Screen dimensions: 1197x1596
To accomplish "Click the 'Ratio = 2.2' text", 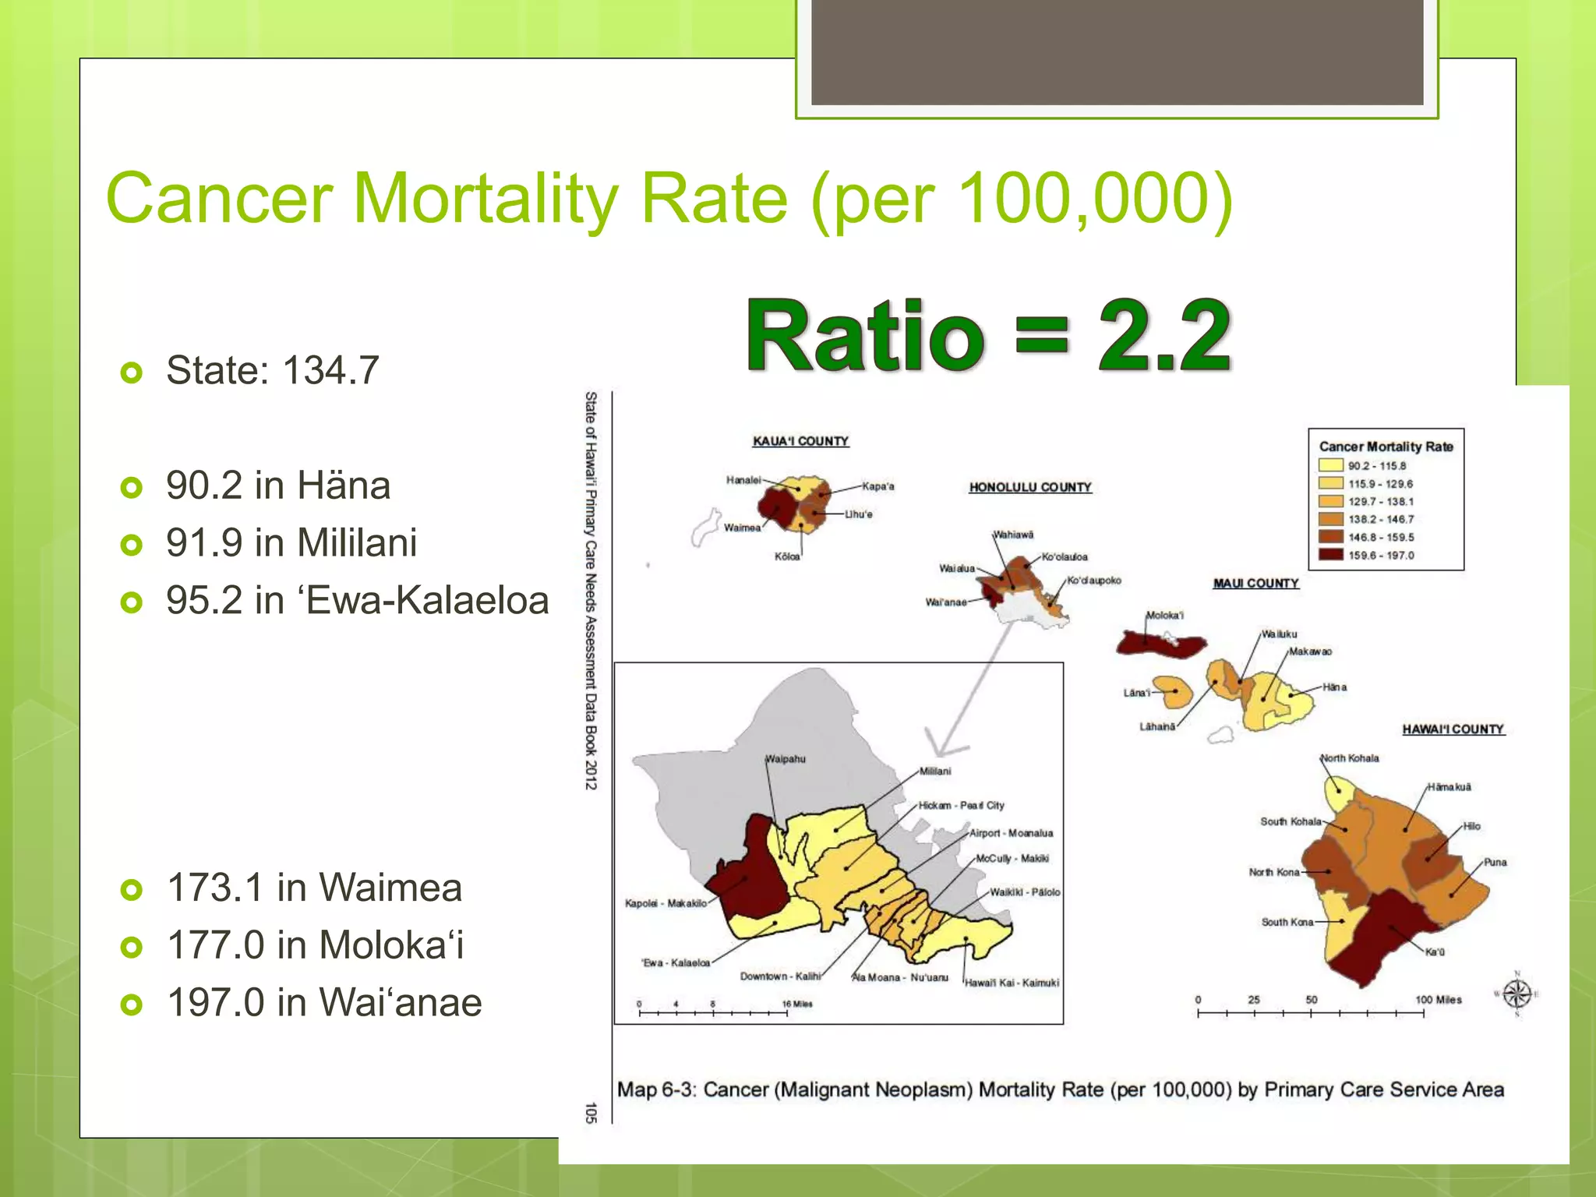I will pos(988,336).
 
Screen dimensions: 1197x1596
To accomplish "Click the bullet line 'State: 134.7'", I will pos(272,370).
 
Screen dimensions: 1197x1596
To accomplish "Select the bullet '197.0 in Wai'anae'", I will pos(324,1002).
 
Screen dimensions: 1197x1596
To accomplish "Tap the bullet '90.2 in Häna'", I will pos(278,486).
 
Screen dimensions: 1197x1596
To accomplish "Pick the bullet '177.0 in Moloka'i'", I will pos(316,945).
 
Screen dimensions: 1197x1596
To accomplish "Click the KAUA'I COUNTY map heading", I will pos(800,441).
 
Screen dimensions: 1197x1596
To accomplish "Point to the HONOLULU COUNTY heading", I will pos(1030,487).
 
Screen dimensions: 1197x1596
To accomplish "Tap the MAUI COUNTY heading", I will pos(1255,583).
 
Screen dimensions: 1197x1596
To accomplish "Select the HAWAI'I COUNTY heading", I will pos(1453,729).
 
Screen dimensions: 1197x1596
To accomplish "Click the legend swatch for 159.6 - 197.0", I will pos(1330,555).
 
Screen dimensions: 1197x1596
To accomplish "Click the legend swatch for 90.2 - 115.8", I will pos(1330,465).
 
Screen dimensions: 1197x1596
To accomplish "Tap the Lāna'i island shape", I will pos(1174,692).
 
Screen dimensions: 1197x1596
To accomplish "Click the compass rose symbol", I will pos(1517,994).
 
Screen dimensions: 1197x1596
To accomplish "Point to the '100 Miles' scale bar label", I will pos(1438,999).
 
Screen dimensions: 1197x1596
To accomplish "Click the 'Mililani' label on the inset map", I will pos(935,771).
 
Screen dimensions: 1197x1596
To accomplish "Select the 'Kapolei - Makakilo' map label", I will pos(666,903).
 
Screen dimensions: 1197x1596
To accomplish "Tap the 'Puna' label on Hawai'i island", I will pos(1495,862).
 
